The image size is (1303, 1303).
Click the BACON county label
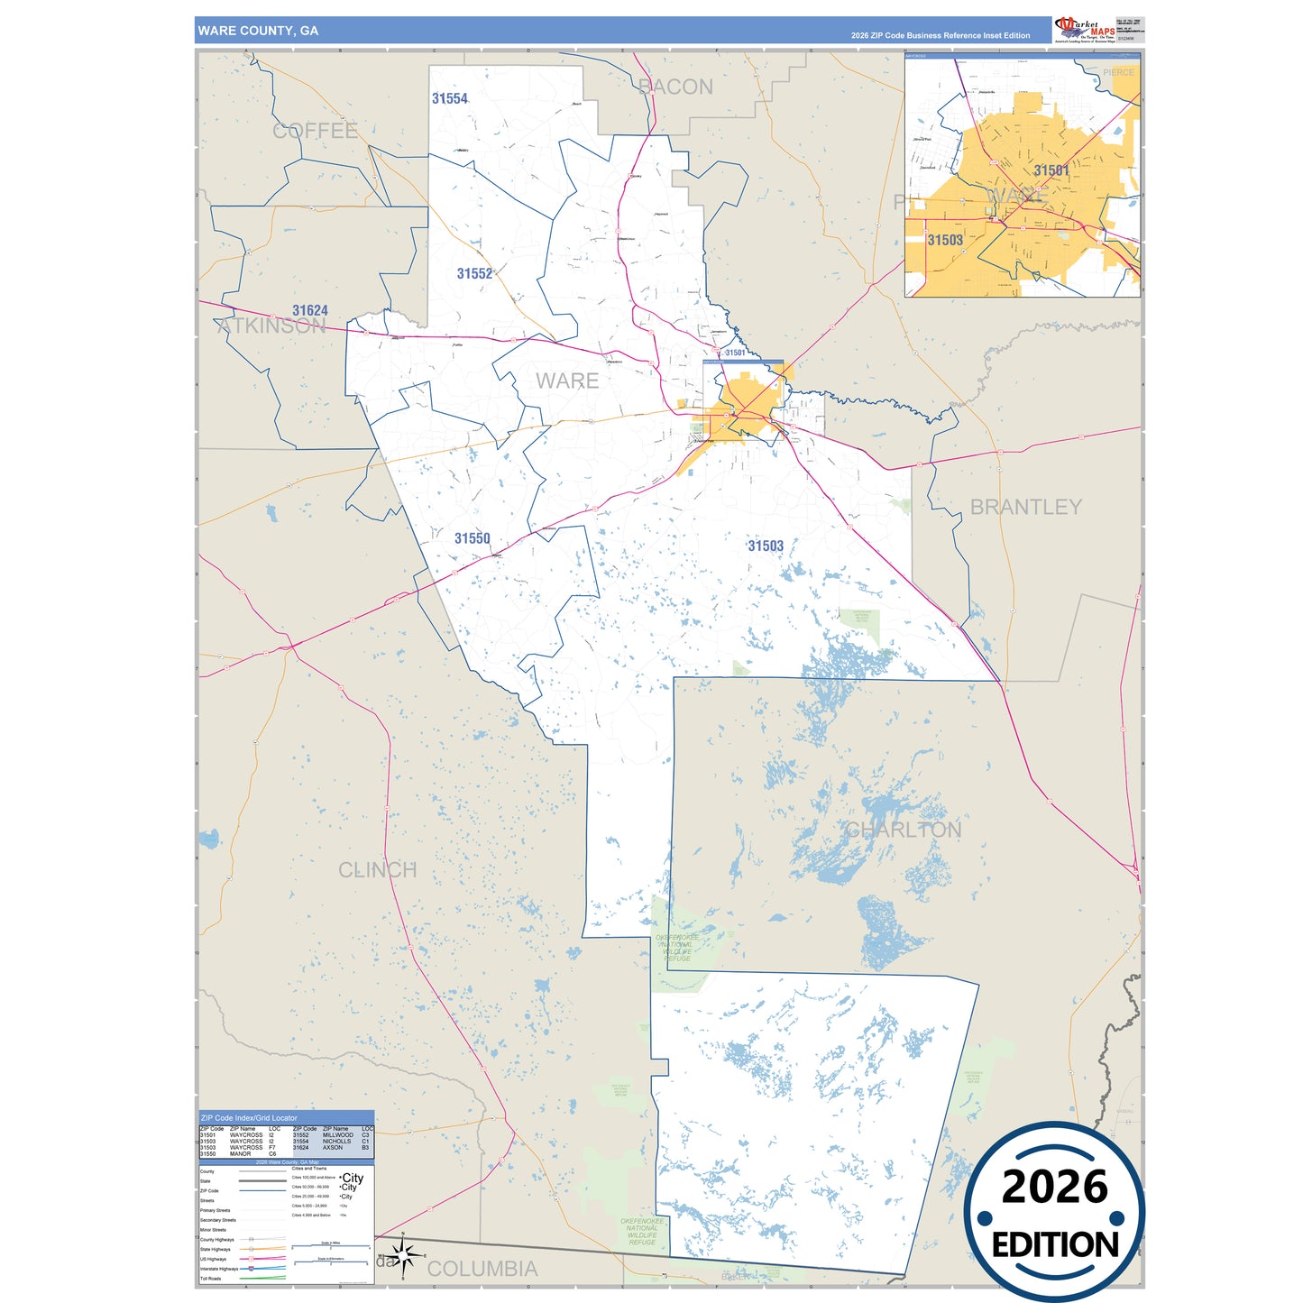tap(675, 87)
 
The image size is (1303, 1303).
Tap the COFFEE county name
tap(315, 131)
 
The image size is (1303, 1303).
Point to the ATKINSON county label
tap(271, 326)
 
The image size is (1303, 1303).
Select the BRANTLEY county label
tap(1025, 508)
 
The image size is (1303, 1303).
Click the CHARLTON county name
tap(903, 830)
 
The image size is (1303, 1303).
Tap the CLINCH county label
tap(377, 870)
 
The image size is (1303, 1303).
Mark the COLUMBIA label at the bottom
tap(482, 1269)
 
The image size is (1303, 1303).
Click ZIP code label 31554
tap(449, 99)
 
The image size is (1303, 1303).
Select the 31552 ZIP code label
tap(474, 274)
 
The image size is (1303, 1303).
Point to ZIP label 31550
tap(472, 539)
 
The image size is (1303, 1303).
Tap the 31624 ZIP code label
tap(309, 311)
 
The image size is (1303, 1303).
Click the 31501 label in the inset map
tap(1051, 170)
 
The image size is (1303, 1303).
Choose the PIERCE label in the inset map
tap(1118, 72)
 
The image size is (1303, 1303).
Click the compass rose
tap(403, 1254)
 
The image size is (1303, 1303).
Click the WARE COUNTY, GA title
tap(258, 31)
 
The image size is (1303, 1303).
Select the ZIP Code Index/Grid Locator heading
tap(249, 1118)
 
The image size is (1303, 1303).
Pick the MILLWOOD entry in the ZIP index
tap(337, 1135)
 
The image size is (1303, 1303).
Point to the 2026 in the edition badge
tap(1054, 1187)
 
